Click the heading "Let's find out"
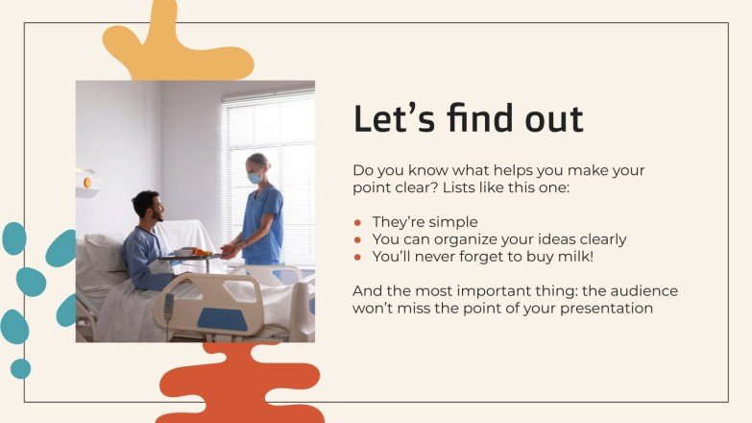468,119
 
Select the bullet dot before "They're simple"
358,222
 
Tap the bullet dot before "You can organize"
358,239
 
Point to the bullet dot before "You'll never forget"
358,257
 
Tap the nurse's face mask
255,178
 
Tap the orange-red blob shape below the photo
240,385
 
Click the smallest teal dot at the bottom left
20,368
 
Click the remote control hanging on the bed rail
169,310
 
